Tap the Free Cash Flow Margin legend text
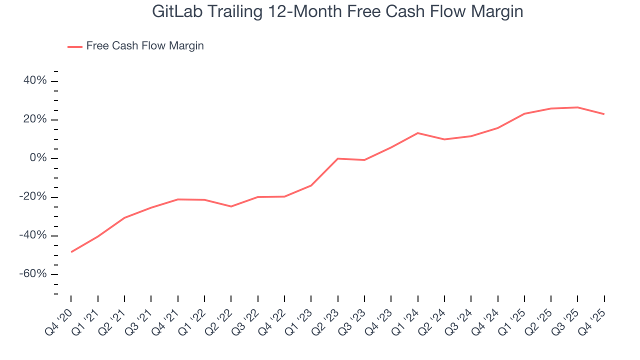coord(145,46)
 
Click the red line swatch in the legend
coord(75,47)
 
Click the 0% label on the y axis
coord(37,158)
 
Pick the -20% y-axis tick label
coord(33,197)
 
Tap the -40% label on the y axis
coord(33,235)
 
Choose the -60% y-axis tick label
coord(33,274)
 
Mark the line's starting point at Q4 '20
coord(71,252)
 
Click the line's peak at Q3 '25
coord(577,107)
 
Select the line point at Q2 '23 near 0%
coord(338,158)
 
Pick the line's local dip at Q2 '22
coord(231,206)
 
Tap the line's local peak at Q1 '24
coord(417,133)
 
